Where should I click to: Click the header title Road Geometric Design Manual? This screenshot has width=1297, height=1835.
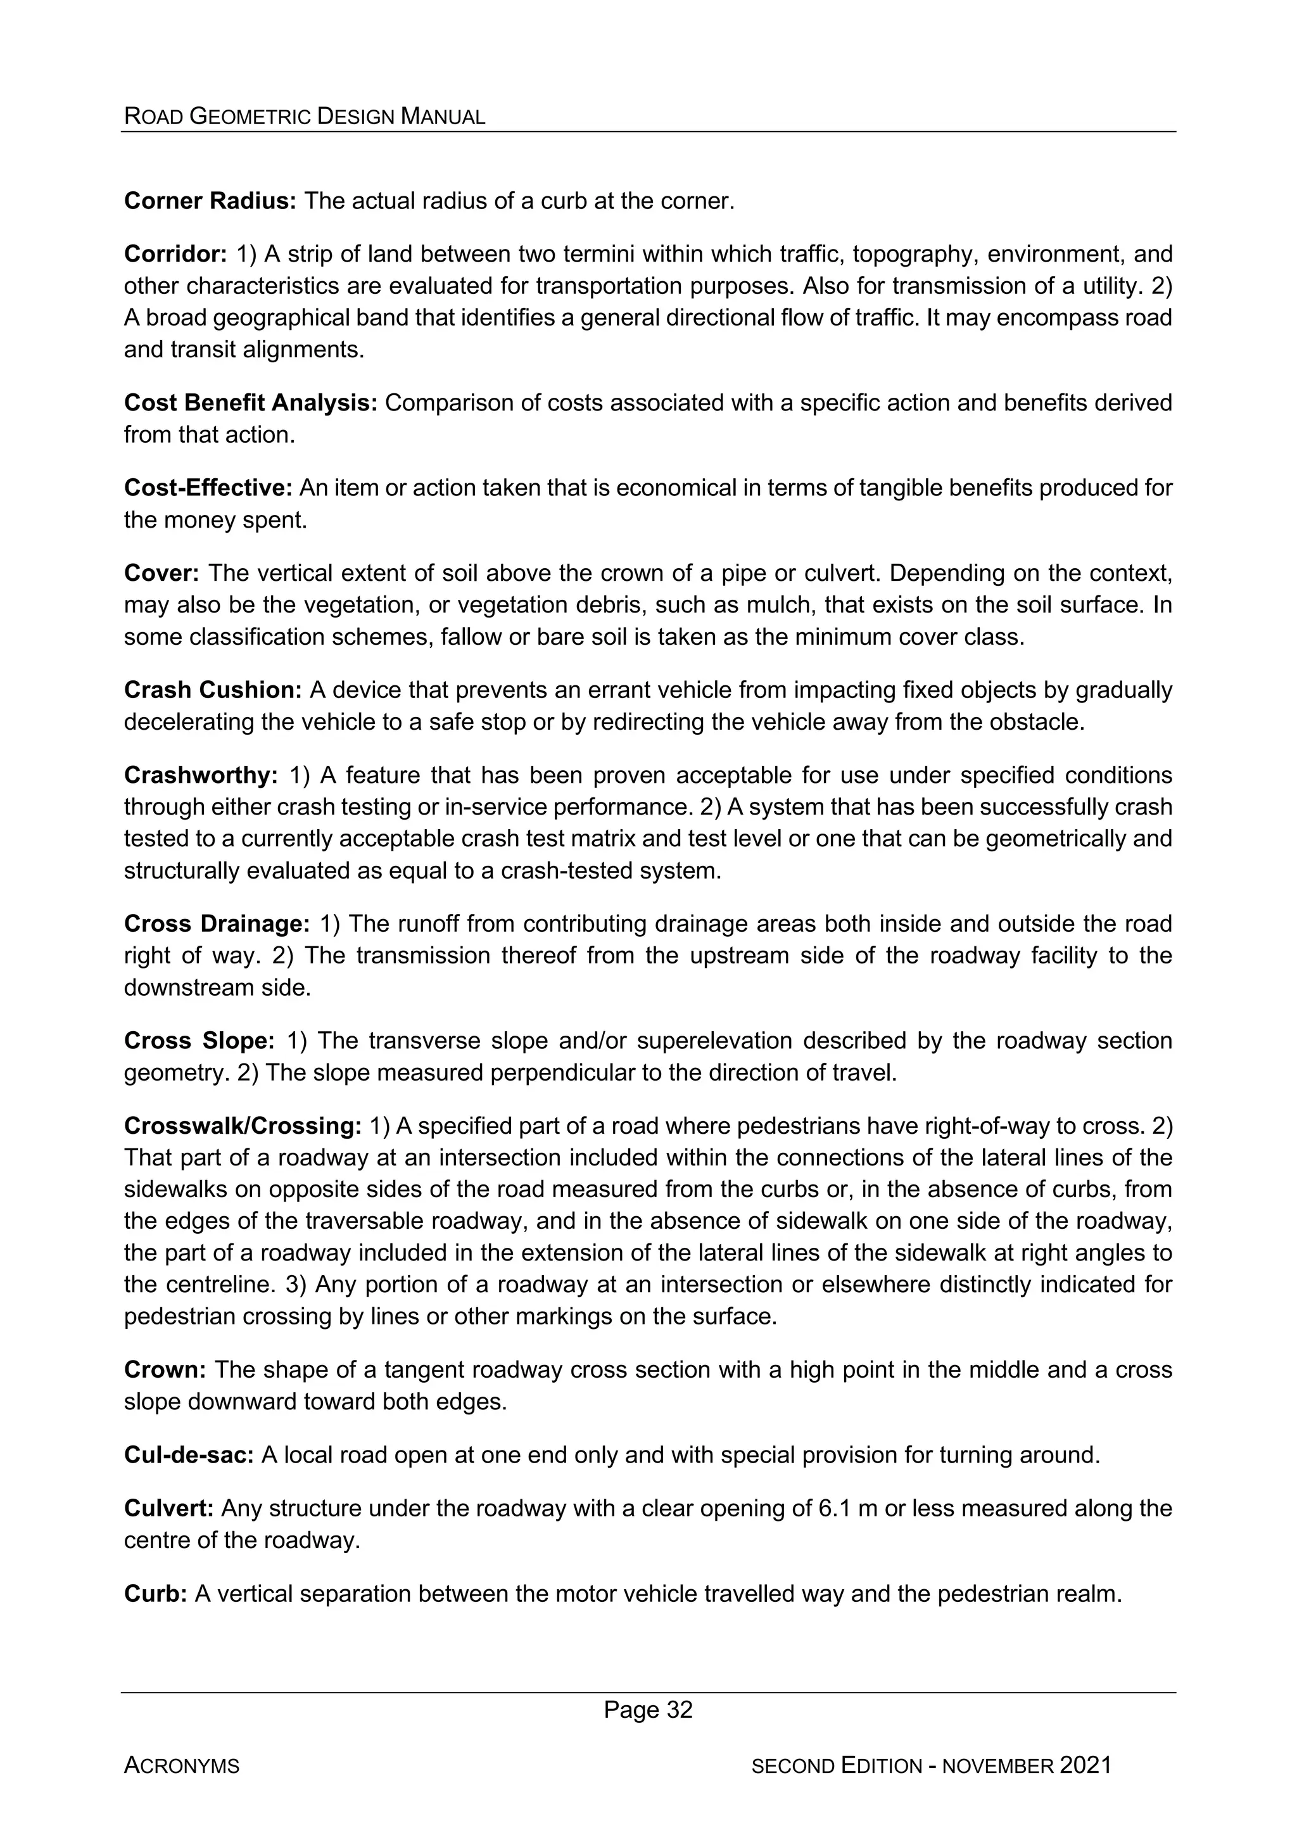(x=305, y=117)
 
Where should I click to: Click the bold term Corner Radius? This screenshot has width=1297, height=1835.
(x=210, y=201)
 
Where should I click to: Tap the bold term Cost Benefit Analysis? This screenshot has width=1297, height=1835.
(x=250, y=403)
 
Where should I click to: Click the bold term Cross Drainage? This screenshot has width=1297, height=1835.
(x=217, y=924)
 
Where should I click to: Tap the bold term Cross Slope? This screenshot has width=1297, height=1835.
(x=199, y=1041)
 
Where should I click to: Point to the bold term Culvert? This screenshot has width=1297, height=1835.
(x=168, y=1508)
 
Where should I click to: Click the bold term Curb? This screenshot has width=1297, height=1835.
(x=155, y=1594)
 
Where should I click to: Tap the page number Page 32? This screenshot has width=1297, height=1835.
(x=648, y=1710)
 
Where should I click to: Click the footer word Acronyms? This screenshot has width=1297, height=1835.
(x=181, y=1766)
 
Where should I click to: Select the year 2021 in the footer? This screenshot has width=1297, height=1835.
(x=1085, y=1765)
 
